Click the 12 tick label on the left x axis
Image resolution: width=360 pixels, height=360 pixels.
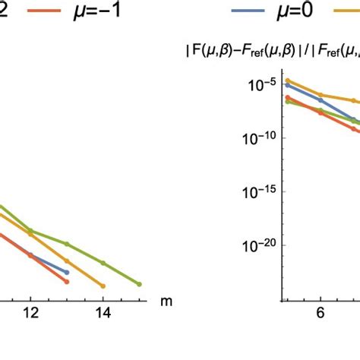(x=30, y=313)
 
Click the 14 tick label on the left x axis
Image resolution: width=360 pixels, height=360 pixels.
(x=103, y=313)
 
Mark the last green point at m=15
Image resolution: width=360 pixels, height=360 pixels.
(x=139, y=284)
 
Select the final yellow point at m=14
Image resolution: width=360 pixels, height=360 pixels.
(x=103, y=286)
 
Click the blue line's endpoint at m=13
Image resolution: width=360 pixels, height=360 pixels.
(x=67, y=272)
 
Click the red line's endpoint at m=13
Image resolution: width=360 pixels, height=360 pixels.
(x=67, y=282)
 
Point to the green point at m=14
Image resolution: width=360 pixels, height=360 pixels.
(x=103, y=265)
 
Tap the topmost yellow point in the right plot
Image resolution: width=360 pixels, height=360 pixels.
(x=287, y=81)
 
